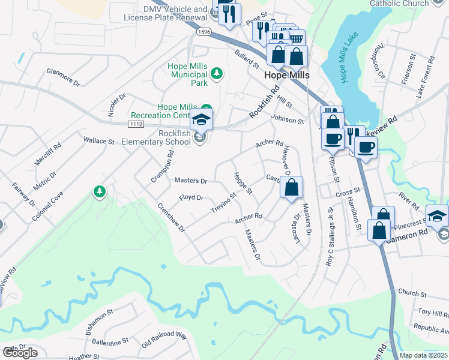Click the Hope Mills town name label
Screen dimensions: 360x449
tap(287, 76)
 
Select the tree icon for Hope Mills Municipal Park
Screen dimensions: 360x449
tap(217, 74)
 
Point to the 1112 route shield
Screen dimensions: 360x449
tap(135, 124)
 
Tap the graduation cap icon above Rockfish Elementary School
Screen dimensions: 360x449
tap(202, 119)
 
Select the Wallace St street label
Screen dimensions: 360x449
tap(98, 142)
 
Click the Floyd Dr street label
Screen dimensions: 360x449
tap(191, 197)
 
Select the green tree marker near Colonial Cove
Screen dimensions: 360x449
tap(99, 191)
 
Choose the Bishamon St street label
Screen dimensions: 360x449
tap(99, 322)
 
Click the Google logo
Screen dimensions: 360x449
tap(20, 353)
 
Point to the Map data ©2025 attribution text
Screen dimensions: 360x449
tap(423, 355)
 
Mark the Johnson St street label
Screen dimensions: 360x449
tap(288, 120)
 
